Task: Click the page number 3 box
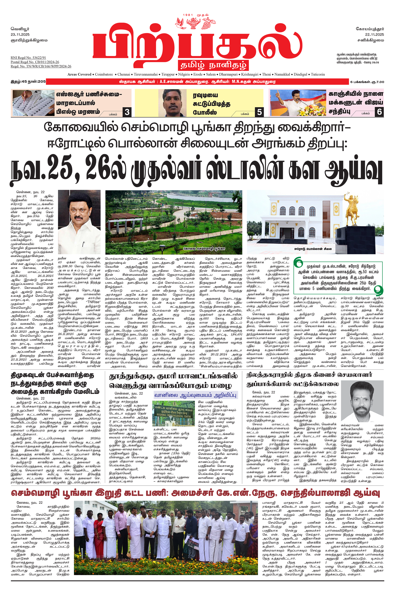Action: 127,112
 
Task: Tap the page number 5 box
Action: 259,112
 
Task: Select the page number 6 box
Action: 379,112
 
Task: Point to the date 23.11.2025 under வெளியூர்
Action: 20,34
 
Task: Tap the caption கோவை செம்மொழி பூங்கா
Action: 204,248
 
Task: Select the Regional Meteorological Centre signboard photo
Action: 173,413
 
